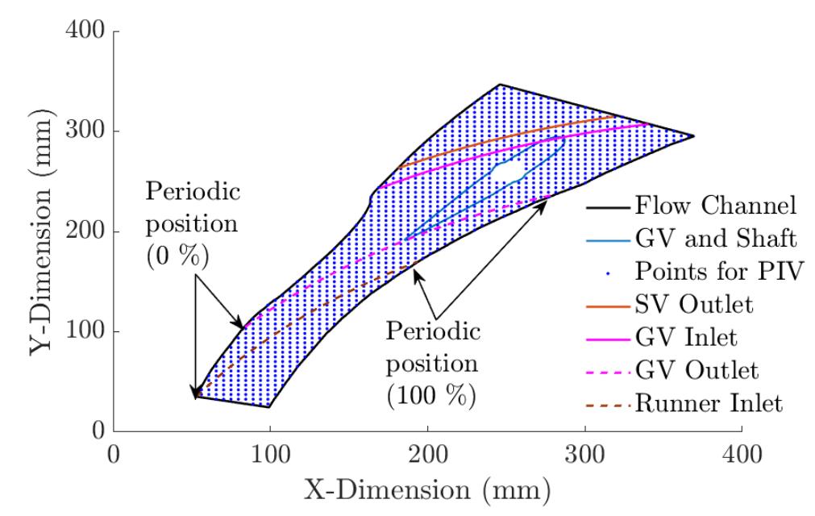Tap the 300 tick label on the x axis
(585, 456)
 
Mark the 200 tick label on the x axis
(427, 456)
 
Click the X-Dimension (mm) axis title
(427, 489)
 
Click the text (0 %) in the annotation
(177, 258)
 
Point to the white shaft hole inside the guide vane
(507, 171)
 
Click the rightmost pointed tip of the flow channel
(693, 136)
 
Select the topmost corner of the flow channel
(500, 84)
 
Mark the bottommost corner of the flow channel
(269, 407)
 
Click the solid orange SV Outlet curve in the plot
(516, 137)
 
